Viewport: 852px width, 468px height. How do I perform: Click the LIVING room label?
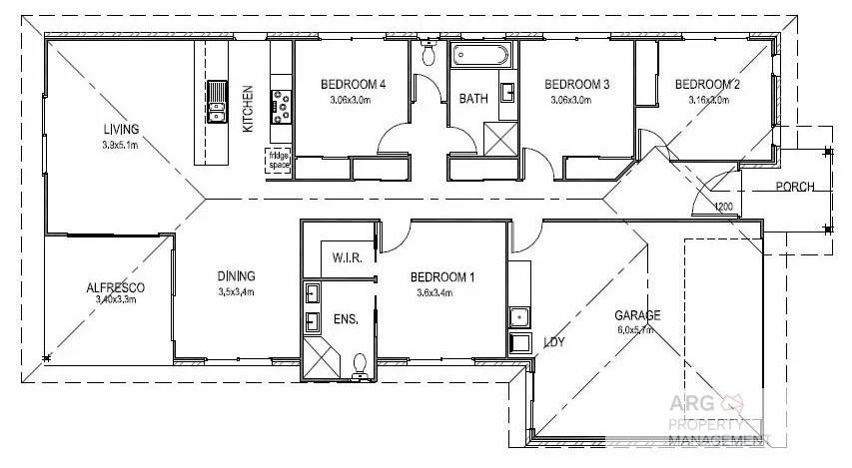(x=121, y=128)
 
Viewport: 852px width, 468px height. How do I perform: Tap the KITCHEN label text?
(x=248, y=109)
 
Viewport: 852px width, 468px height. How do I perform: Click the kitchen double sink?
(x=217, y=101)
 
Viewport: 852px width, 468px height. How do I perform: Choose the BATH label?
(x=472, y=99)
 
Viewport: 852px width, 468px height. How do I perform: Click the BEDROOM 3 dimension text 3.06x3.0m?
(x=578, y=100)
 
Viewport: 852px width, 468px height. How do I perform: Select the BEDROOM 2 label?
(x=706, y=84)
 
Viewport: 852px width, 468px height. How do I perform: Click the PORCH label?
(x=795, y=187)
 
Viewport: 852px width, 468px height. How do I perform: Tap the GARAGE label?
(x=636, y=315)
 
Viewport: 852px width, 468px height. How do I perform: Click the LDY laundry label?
(x=553, y=342)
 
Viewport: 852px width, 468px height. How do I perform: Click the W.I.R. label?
(x=346, y=258)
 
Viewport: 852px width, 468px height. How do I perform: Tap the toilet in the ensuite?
(x=359, y=365)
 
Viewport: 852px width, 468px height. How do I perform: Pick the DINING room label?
(x=237, y=276)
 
